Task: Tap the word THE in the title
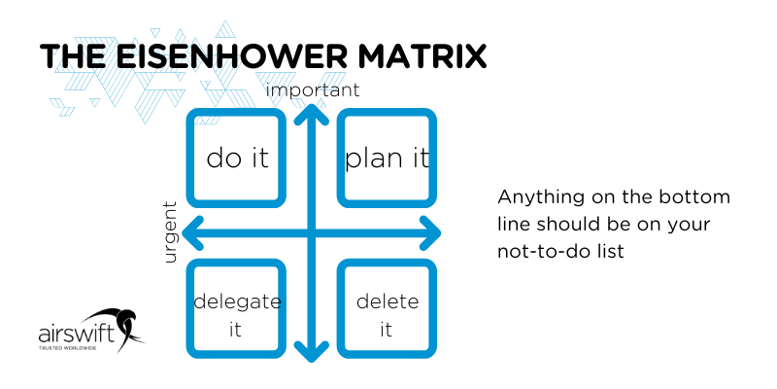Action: [75, 55]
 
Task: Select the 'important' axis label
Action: [313, 90]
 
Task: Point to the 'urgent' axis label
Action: [171, 232]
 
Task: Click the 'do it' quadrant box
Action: [237, 157]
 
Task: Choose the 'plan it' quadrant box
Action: [387, 157]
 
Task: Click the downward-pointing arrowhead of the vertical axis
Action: [312, 352]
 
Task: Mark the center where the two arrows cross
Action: [312, 232]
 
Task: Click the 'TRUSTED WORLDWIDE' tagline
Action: [70, 347]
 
